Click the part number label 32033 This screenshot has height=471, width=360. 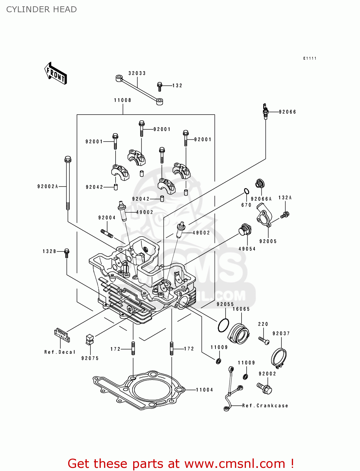pos(137,73)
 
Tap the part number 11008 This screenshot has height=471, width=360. pos(123,100)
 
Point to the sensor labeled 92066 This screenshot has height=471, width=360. pos(265,111)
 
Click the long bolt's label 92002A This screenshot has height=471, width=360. pos(48,187)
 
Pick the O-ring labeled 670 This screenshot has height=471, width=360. pos(247,191)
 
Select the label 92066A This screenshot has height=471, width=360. pos(261,199)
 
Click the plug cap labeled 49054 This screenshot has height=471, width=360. pos(245,230)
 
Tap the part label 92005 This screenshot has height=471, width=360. pos(268,241)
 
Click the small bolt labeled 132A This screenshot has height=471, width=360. pos(286,215)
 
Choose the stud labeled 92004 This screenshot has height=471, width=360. pos(107,234)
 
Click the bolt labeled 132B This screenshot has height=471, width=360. pos(67,253)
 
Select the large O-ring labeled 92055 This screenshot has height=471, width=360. pos(223,325)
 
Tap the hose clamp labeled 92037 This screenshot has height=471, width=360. pos(279,358)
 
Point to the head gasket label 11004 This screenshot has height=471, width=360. pos(205,390)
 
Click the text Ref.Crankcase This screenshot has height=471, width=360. pos(265,406)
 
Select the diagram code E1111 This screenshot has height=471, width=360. pos(310,58)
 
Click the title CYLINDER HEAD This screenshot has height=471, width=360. pos(41,9)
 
